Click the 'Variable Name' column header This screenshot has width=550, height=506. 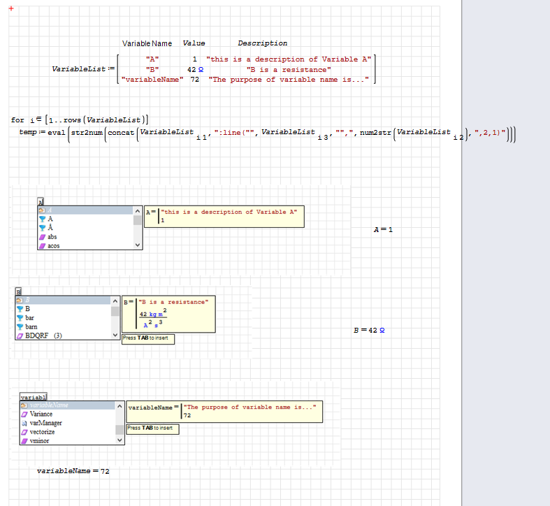tap(147, 43)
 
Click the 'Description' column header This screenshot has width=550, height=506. tap(262, 43)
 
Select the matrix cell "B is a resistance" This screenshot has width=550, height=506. tap(289, 69)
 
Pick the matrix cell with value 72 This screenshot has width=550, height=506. tap(195, 80)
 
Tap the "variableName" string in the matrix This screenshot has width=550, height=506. tap(152, 80)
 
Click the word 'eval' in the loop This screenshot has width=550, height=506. tap(56, 132)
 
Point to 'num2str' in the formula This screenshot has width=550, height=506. tap(375, 132)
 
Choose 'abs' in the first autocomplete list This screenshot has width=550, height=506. tap(52, 237)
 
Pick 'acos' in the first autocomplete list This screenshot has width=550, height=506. tap(54, 246)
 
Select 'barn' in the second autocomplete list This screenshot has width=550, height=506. tap(31, 326)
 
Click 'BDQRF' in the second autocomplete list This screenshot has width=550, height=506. tap(38, 335)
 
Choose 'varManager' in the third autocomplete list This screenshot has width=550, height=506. tap(45, 423)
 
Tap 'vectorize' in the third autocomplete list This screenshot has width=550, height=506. tap(43, 432)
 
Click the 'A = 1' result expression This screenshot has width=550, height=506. tap(383, 229)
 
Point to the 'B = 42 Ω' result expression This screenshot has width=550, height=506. tap(369, 330)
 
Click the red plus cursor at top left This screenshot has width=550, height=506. tap(11, 8)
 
